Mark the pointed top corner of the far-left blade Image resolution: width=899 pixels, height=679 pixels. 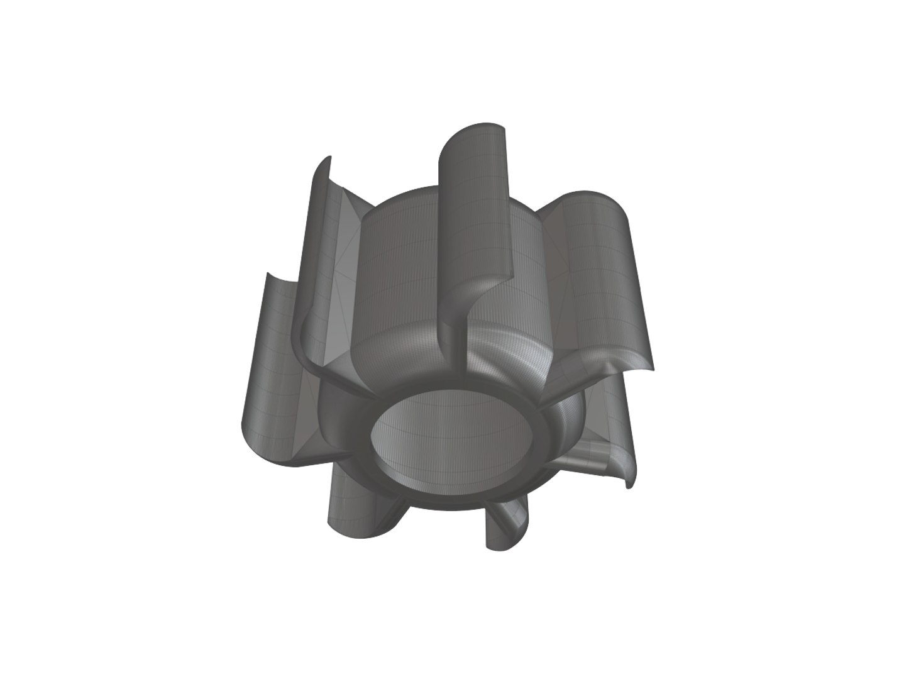click(268, 274)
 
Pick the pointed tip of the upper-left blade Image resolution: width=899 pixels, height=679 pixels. click(326, 158)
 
